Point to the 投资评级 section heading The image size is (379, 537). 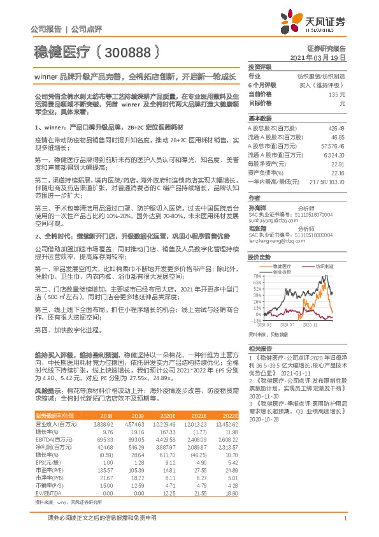(259, 66)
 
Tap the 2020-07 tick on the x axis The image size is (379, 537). (289, 324)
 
